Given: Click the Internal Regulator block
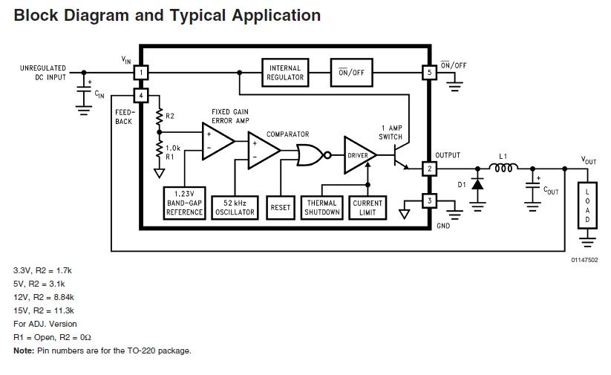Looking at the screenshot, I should point(285,72).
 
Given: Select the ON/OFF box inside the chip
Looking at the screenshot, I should point(351,72).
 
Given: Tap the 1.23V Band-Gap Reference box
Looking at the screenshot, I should point(184,202).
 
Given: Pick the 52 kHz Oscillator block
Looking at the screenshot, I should point(235,207).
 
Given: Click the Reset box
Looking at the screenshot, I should point(281,207).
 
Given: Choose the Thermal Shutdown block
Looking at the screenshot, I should point(322,207).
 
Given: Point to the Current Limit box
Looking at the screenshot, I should point(367,207).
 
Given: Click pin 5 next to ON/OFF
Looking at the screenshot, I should point(428,73).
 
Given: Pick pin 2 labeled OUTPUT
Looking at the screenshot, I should point(428,168).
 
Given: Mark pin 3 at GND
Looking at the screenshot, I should point(428,200).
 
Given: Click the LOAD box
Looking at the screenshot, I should point(587,204).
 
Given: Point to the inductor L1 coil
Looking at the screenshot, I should point(502,168).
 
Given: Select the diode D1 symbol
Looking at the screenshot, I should point(478,183).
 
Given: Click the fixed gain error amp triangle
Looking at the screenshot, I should point(217,140).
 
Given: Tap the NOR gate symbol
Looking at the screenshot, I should point(308,154).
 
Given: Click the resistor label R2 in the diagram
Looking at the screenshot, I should point(169,117).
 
